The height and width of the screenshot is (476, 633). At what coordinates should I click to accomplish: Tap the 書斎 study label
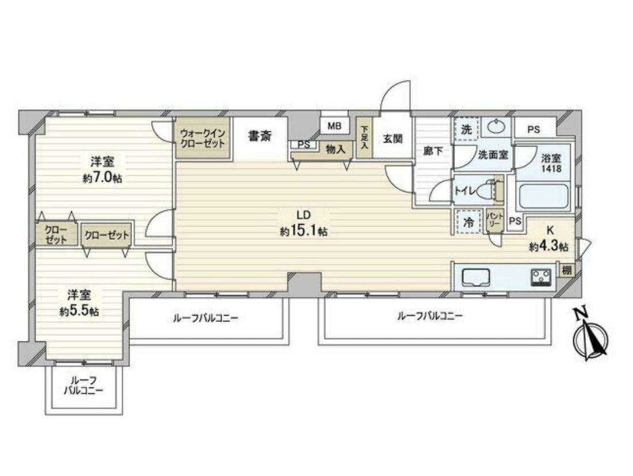click(260, 137)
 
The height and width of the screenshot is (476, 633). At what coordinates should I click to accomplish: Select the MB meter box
click(334, 126)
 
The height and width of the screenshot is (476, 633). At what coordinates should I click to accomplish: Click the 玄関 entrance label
click(392, 139)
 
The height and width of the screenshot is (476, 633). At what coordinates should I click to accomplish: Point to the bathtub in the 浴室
click(543, 197)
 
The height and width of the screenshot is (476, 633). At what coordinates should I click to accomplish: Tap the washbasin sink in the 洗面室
click(495, 128)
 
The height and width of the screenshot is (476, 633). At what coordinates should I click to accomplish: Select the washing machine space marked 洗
click(467, 129)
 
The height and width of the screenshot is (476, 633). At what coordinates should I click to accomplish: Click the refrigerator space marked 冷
click(468, 222)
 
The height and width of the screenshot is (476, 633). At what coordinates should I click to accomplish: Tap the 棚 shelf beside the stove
click(566, 270)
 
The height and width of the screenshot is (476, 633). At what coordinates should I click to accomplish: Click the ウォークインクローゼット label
click(202, 137)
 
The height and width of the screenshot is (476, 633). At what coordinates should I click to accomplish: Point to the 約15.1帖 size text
click(304, 232)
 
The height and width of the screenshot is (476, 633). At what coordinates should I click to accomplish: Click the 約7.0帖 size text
click(102, 178)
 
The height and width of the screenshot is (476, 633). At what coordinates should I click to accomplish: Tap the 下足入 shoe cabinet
click(364, 137)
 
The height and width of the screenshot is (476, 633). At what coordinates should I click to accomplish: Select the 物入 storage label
click(335, 149)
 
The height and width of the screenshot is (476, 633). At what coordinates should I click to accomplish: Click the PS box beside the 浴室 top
click(533, 129)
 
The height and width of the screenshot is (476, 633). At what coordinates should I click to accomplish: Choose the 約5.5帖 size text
click(79, 312)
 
